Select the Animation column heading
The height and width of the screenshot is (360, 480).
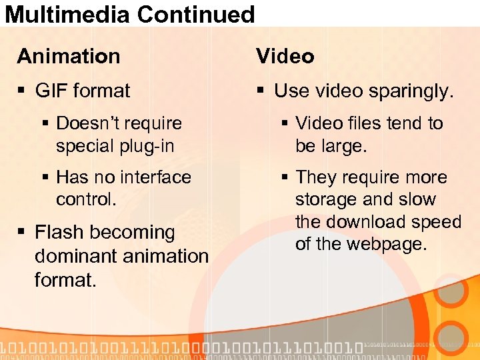[69, 57]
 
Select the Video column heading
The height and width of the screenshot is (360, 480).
[285, 57]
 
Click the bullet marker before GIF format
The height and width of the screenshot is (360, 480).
[23, 91]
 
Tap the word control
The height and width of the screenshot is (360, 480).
[86, 199]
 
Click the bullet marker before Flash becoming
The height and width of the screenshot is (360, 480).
[23, 233]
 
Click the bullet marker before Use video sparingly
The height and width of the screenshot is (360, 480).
[262, 91]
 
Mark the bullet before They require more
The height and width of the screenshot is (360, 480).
[284, 177]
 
